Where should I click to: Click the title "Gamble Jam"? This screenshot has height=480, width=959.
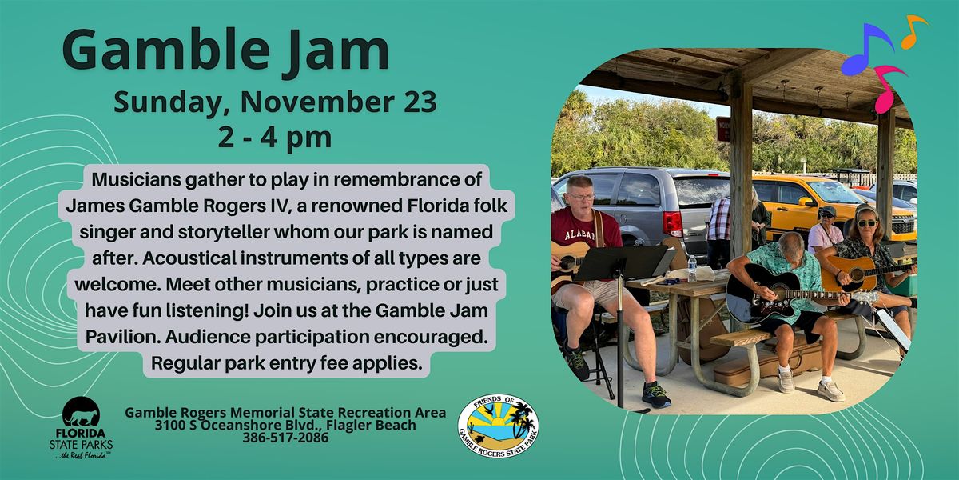tap(225, 51)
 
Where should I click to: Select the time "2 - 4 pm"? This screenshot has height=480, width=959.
tap(275, 136)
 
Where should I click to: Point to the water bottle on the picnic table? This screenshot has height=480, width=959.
tap(691, 268)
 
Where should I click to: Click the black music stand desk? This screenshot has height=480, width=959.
tap(622, 262)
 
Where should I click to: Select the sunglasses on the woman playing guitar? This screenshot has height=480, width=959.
tap(866, 222)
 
